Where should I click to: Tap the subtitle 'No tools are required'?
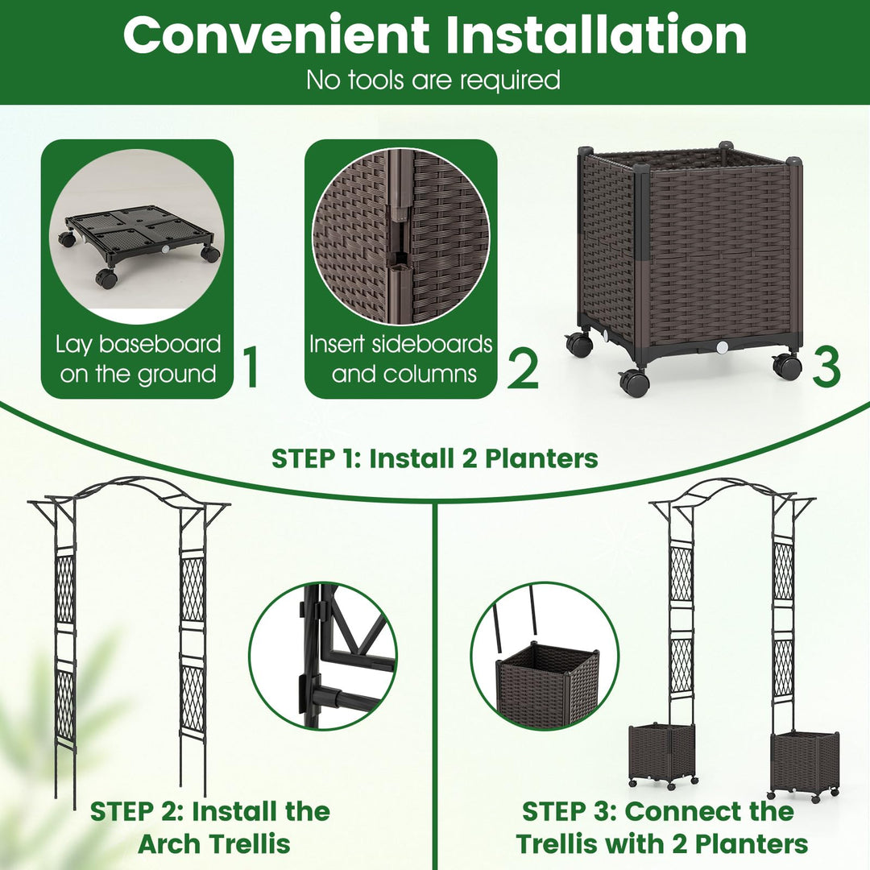[433, 80]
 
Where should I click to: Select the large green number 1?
[251, 367]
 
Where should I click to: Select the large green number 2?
[522, 367]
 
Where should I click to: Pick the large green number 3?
[826, 367]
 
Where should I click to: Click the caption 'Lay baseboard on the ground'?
[138, 358]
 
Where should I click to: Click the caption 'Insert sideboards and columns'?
[401, 358]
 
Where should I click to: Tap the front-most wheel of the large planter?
[635, 381]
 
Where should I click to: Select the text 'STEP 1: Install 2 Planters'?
[435, 458]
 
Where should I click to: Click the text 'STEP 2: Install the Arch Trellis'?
[210, 827]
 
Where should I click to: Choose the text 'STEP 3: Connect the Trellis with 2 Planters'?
[661, 827]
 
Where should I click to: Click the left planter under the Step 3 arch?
[661, 754]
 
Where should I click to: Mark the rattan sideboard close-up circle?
[400, 236]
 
